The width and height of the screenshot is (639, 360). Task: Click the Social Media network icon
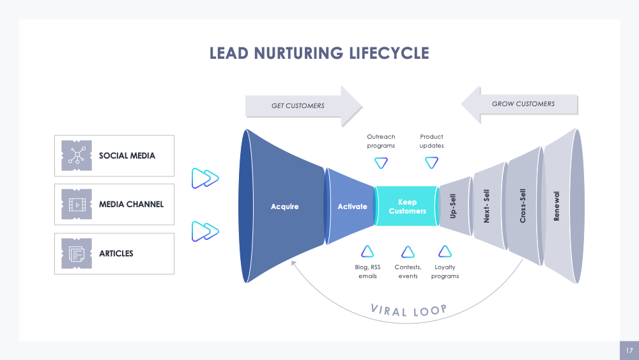point(77,155)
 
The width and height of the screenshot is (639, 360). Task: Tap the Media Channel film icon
point(77,205)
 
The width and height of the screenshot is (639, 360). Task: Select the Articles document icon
point(77,254)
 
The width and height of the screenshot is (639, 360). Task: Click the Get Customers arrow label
point(298,106)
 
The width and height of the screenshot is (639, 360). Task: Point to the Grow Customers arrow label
point(523,104)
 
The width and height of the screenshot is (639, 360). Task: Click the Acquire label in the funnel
point(284,207)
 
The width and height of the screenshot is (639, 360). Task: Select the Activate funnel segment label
point(352,207)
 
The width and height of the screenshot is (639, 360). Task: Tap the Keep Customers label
point(407,207)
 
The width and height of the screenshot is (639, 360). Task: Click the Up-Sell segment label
point(453,207)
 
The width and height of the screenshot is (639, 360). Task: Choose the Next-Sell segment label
point(487,206)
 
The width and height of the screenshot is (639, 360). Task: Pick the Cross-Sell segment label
point(523,206)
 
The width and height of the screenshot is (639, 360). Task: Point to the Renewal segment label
point(557,206)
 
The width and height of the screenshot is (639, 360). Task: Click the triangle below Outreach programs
point(381,162)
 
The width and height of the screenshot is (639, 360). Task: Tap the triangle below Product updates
point(431,162)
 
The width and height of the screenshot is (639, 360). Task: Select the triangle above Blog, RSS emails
point(367,251)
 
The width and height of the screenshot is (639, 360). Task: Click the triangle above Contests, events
point(408,251)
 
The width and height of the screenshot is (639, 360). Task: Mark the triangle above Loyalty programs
point(445,251)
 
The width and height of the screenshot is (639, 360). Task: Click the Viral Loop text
point(408,311)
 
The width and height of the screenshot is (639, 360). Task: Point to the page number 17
point(629,350)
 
